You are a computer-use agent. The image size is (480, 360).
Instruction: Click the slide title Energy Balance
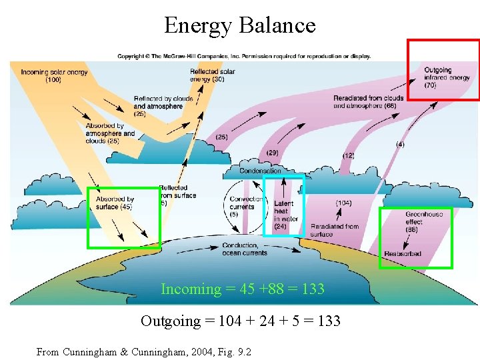(240, 25)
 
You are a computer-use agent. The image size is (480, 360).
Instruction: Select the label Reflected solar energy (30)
(211, 75)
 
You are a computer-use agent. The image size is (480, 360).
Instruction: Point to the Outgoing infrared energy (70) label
(446, 77)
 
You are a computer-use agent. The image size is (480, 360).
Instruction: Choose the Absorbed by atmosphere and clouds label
(110, 133)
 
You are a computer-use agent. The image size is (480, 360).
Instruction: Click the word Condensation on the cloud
(261, 171)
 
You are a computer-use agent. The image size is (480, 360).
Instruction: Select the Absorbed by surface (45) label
(115, 203)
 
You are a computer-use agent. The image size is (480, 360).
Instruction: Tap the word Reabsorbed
(403, 254)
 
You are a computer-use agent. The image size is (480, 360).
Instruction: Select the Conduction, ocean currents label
(245, 249)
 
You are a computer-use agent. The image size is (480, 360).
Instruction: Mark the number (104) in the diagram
(343, 203)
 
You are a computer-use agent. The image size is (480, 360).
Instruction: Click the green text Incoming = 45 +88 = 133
(243, 289)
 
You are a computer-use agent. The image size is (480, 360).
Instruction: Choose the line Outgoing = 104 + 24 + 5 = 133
(240, 321)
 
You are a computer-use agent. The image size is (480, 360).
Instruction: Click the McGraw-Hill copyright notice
(244, 56)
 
